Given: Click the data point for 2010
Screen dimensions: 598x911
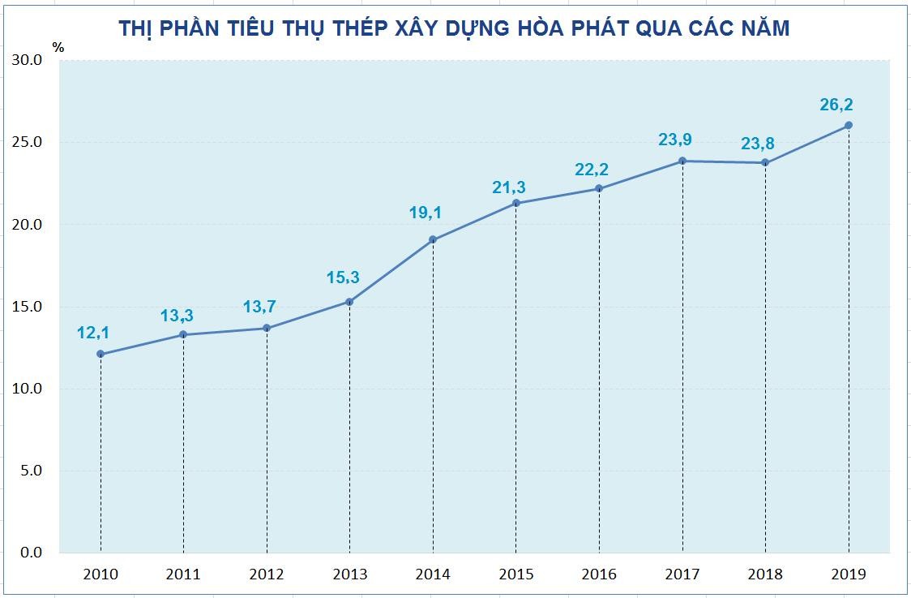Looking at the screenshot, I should [101, 354].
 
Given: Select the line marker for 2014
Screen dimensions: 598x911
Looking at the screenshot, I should [433, 239].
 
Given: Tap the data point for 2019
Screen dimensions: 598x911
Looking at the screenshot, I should [849, 125].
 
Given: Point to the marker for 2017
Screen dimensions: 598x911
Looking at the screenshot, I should [682, 161].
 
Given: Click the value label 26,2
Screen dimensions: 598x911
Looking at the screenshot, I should [836, 105].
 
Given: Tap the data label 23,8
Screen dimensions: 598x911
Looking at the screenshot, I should [758, 144].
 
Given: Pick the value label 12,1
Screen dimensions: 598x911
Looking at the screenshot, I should [93, 332].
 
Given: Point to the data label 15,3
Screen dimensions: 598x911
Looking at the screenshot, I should [343, 277].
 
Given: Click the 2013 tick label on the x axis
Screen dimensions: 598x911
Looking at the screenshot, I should [349, 574].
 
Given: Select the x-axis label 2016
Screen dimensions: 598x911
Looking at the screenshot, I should [599, 574].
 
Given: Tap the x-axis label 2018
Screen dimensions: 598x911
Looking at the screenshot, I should [765, 574].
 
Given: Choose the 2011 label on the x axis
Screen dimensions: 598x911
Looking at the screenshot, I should [183, 574].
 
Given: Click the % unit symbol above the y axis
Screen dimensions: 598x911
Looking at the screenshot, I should [58, 46].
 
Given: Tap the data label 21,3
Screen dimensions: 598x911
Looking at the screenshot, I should [508, 187].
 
